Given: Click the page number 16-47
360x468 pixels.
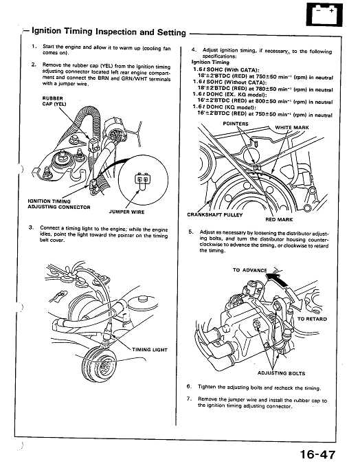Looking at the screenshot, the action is (x=317, y=454).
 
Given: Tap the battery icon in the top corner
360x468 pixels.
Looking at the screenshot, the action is (x=324, y=14).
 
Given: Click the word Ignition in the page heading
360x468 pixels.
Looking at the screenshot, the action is (x=46, y=31).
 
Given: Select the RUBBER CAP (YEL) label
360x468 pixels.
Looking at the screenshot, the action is (x=54, y=101).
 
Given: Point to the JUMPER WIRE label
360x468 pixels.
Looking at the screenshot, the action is (x=126, y=212).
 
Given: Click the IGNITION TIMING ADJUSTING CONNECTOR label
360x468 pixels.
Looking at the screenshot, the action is (x=59, y=204).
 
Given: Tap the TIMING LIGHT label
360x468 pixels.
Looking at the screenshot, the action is (x=150, y=350).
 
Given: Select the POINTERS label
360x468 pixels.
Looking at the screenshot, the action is (x=236, y=124).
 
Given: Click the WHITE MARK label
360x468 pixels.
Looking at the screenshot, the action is (x=292, y=127).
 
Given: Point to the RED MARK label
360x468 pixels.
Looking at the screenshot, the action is (x=279, y=219).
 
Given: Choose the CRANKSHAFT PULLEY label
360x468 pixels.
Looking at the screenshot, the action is (x=215, y=214).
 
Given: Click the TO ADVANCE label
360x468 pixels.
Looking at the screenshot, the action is (x=249, y=270).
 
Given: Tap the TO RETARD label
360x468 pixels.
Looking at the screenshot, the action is (x=312, y=319).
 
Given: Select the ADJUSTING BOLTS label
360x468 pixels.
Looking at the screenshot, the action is (x=281, y=373).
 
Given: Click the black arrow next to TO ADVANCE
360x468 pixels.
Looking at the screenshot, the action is (x=278, y=280).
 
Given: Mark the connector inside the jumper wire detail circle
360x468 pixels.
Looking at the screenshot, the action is (x=142, y=179).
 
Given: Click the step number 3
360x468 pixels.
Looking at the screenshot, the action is (x=30, y=227).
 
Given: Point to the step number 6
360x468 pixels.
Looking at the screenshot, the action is (x=189, y=386).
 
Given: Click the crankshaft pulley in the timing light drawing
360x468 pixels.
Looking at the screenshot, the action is (x=99, y=364).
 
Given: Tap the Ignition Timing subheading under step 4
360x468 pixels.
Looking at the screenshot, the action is (x=210, y=63).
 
